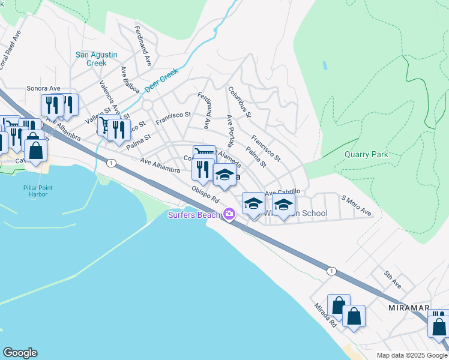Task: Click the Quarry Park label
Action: [x=366, y=154]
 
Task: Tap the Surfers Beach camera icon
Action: [x=229, y=214]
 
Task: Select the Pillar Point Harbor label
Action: [x=38, y=191]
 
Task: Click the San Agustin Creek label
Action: [x=100, y=59]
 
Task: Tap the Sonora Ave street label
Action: [x=43, y=88]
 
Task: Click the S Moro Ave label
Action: [x=357, y=206]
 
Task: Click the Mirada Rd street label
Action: [x=325, y=314]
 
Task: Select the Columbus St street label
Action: [x=240, y=101]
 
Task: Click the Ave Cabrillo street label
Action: [x=282, y=192]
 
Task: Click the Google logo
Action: [x=20, y=353]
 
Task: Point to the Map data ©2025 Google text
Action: [x=411, y=355]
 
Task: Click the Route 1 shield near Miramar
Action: [x=331, y=271]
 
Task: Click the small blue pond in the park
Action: [x=325, y=64]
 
